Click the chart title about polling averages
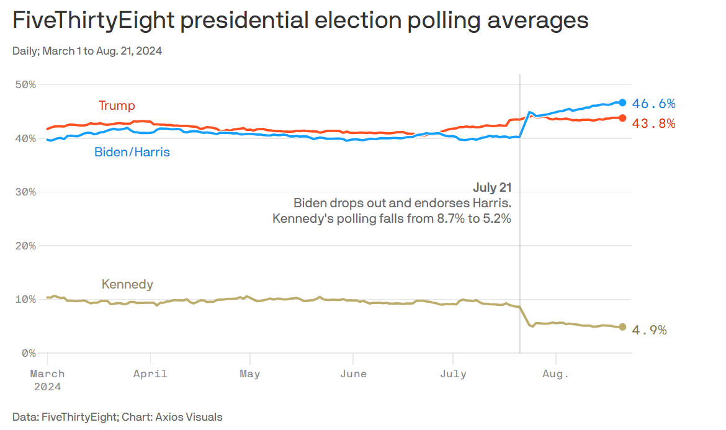click(300, 21)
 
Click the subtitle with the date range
click(87, 51)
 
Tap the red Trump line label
click(117, 105)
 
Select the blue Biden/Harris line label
click(132, 152)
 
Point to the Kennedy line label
click(127, 284)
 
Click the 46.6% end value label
click(653, 104)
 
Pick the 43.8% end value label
click(653, 123)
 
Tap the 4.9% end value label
click(649, 330)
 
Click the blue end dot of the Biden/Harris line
click(622, 103)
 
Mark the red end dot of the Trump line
click(622, 118)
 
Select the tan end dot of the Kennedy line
click(622, 327)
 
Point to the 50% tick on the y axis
click(25, 85)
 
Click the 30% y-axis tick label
click(25, 192)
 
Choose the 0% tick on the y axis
click(29, 353)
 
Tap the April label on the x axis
click(150, 374)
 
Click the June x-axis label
click(353, 374)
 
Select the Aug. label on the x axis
click(555, 374)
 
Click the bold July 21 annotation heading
click(492, 187)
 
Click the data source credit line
click(117, 417)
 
